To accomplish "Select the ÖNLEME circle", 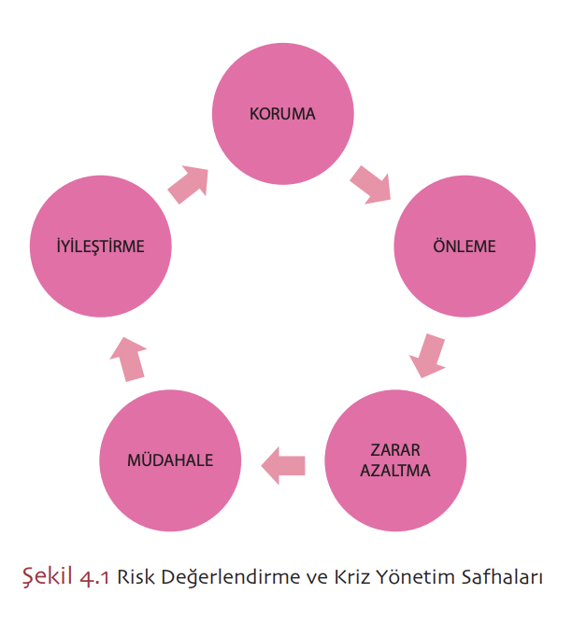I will tap(465, 247).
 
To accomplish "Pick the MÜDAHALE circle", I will tap(170, 461).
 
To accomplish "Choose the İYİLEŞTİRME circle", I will tap(100, 247).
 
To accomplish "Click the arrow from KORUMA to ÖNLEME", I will tap(371, 185).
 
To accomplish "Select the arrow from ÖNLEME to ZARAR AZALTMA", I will tap(427, 355).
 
